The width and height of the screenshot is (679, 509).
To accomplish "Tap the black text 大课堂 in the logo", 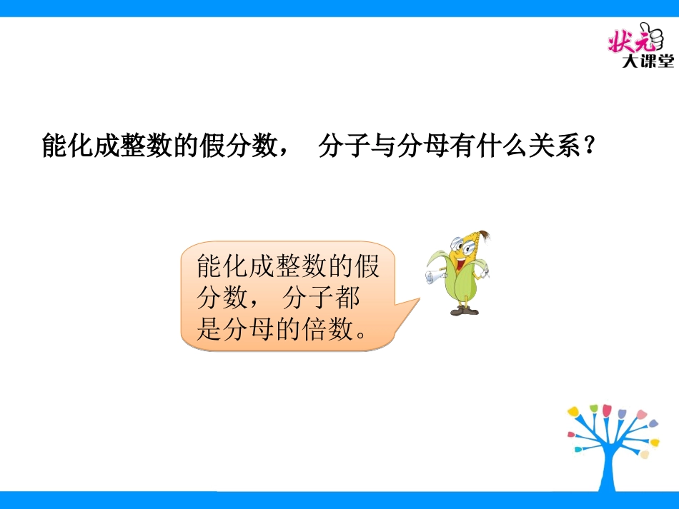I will click(x=648, y=62).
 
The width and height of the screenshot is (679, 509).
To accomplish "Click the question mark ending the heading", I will click(x=590, y=148).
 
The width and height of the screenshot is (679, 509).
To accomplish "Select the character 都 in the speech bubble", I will click(x=348, y=298).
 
